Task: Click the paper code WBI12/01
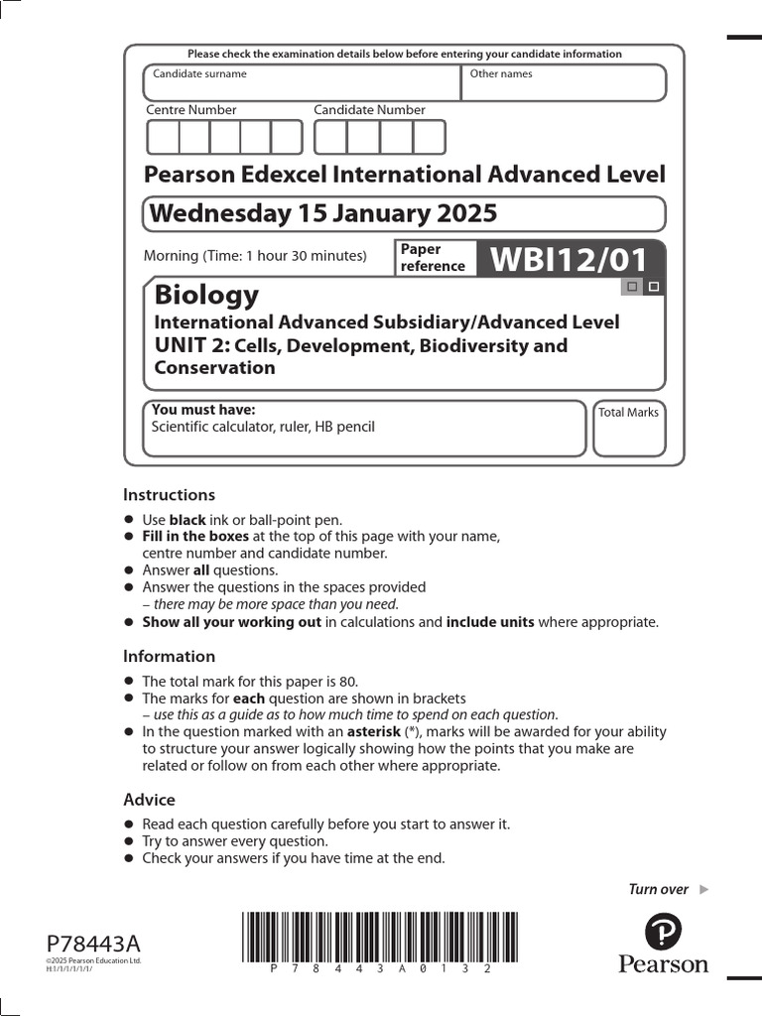click(x=569, y=260)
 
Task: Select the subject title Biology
click(x=206, y=295)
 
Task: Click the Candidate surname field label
click(x=199, y=73)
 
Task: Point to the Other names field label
click(x=501, y=73)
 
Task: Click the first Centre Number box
click(x=163, y=137)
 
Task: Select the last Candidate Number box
click(x=429, y=137)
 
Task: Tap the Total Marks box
click(x=629, y=429)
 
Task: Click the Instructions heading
click(x=169, y=495)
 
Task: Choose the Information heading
click(x=169, y=657)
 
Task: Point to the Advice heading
click(x=149, y=800)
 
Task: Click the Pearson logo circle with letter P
click(x=663, y=932)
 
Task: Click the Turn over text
click(x=658, y=889)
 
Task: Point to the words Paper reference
click(x=433, y=258)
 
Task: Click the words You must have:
click(x=203, y=410)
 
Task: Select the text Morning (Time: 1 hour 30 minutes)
click(x=255, y=256)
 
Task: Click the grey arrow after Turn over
click(x=704, y=889)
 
